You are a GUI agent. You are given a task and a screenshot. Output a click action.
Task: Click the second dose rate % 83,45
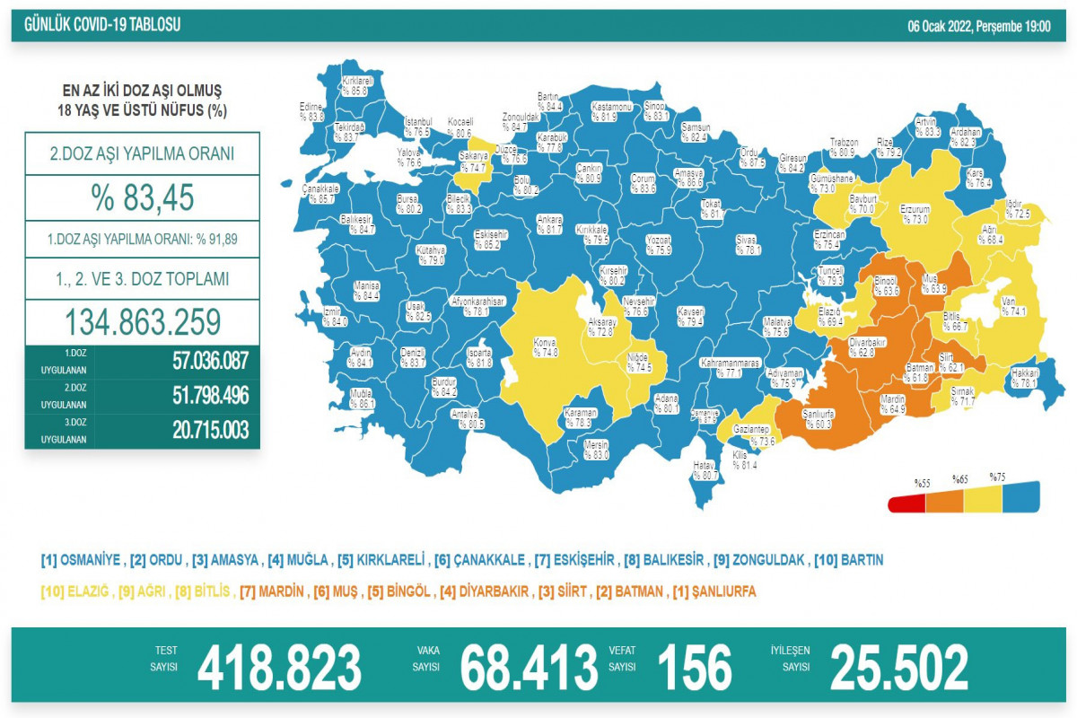[x=143, y=197]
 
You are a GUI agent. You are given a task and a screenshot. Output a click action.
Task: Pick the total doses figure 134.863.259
[x=143, y=322]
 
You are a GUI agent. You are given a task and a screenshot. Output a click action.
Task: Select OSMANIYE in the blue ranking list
[x=82, y=560]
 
